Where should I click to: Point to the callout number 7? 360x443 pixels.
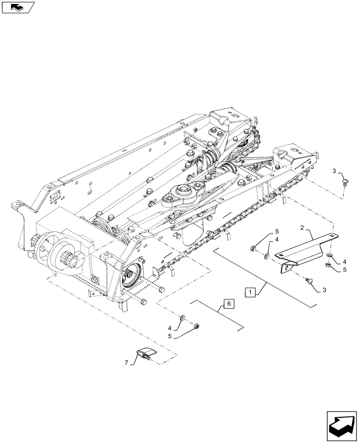click(x=127, y=363)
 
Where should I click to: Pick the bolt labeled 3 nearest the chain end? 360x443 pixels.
click(x=344, y=182)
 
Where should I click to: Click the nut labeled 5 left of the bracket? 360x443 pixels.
click(x=252, y=249)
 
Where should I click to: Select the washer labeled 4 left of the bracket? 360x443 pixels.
click(x=266, y=256)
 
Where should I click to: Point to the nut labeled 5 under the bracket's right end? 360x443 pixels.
click(x=329, y=265)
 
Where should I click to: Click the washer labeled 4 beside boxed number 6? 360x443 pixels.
click(x=183, y=318)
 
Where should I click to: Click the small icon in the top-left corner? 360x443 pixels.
click(x=17, y=7)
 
